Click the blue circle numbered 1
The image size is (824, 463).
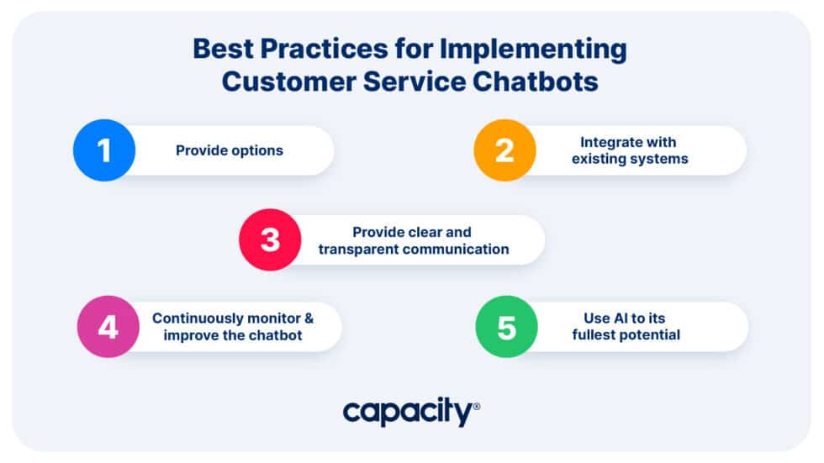[x=104, y=150]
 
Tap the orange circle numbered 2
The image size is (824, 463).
[x=504, y=150]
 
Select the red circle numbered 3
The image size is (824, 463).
[x=270, y=239]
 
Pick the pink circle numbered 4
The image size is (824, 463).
[x=108, y=327]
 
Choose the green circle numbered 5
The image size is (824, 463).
[x=506, y=327]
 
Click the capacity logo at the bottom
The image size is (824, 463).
[x=410, y=413]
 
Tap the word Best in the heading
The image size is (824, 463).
[x=221, y=50]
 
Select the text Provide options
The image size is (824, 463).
[x=230, y=150]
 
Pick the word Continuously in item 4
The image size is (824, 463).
[x=193, y=318]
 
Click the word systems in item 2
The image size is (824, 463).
[x=661, y=159]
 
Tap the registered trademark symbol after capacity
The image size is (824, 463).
[x=477, y=406]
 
